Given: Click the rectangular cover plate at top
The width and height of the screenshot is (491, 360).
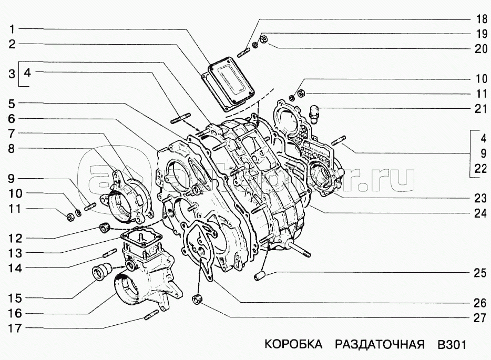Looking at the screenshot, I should point(230,84).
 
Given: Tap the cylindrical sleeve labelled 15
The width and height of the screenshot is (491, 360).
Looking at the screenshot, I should point(100,273).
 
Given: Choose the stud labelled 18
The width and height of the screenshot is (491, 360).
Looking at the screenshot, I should point(245,52).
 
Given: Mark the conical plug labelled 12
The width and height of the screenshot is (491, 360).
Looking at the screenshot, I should point(104,228).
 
